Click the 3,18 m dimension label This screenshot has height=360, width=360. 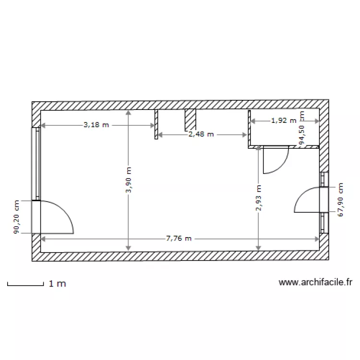96,125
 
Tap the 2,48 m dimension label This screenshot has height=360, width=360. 201,134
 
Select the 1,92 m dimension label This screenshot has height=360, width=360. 284,120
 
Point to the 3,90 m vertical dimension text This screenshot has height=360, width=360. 129,180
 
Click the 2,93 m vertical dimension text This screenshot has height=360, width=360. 259,198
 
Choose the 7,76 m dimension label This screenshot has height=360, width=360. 179,238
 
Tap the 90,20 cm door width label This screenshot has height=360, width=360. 16,217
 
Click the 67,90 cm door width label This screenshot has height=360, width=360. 340,200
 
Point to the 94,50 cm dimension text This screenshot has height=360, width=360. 302,128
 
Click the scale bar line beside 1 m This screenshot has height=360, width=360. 25,286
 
